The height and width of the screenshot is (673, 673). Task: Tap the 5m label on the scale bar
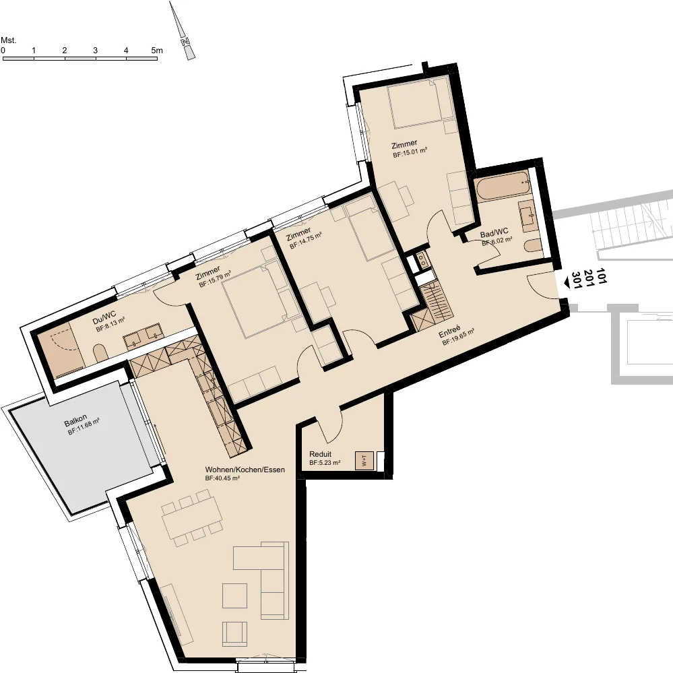pyautogui.click(x=157, y=51)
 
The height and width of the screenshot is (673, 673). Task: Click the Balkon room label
pyautogui.click(x=75, y=420)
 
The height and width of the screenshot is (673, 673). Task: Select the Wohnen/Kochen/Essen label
pyautogui.click(x=245, y=470)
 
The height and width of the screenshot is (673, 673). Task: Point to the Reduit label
pyautogui.click(x=320, y=454)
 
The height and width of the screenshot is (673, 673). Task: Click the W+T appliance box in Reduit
pyautogui.click(x=364, y=461)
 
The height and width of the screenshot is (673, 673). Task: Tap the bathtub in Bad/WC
pyautogui.click(x=503, y=186)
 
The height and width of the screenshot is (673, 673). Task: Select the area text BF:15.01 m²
pyautogui.click(x=410, y=153)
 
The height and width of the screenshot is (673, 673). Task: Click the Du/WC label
pyautogui.click(x=104, y=317)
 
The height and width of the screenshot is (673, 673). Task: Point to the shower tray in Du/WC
pyautogui.click(x=60, y=350)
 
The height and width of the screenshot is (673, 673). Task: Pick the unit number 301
pyautogui.click(x=577, y=280)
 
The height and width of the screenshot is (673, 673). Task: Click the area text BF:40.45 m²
pyautogui.click(x=222, y=478)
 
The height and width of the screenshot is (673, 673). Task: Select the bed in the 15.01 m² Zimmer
pyautogui.click(x=415, y=102)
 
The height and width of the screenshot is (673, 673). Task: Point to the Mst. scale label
pyautogui.click(x=9, y=40)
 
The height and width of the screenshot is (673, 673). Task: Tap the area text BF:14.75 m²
pyautogui.click(x=306, y=241)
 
